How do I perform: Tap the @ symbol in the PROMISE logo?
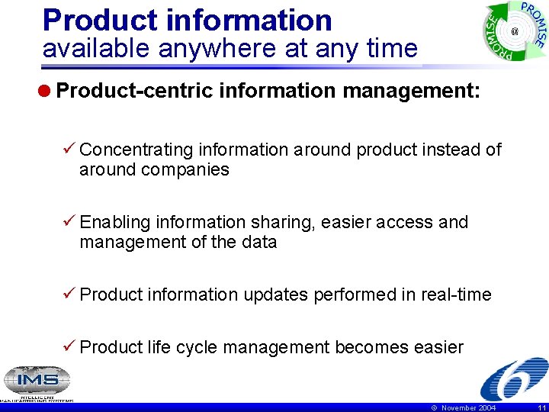pos(514,31)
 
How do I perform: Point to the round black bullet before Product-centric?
pos(47,92)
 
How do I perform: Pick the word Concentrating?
pos(136,150)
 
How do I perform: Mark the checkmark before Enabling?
pos(69,222)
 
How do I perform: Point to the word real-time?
pos(456,295)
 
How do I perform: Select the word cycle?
pos(196,348)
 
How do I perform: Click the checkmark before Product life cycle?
pos(69,348)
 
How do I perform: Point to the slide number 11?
pos(541,408)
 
